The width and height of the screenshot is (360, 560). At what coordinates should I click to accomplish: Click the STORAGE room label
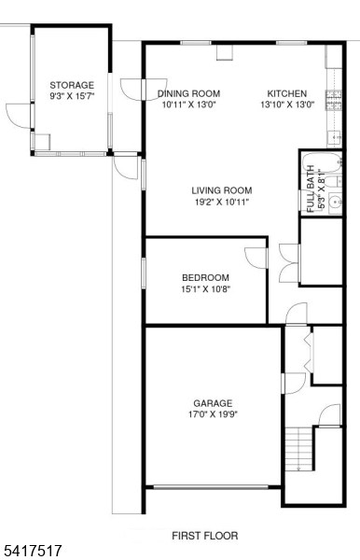(71, 85)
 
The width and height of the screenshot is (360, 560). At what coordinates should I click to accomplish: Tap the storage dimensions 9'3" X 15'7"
(71, 95)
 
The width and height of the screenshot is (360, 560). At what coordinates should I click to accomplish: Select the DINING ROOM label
(188, 93)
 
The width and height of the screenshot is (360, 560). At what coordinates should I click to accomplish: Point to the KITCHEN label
(287, 93)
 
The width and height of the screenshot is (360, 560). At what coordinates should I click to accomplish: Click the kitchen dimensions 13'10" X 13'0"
(287, 105)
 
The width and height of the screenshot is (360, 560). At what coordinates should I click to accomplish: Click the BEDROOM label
(205, 277)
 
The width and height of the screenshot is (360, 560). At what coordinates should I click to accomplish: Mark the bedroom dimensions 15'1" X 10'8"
(205, 288)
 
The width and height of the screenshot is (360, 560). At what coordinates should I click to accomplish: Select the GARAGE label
(213, 404)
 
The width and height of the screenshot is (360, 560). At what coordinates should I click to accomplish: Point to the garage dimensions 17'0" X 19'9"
(213, 415)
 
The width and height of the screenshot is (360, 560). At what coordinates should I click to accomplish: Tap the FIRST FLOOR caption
(204, 536)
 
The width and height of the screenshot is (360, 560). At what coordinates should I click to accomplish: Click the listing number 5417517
(33, 552)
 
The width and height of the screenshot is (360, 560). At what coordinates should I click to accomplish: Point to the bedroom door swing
(255, 258)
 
